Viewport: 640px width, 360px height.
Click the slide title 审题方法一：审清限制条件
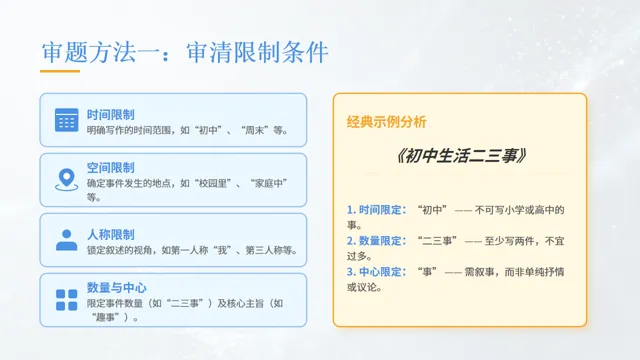(x=185, y=52)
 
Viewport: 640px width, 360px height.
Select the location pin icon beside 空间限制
(x=66, y=179)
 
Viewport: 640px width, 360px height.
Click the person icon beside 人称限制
(x=66, y=240)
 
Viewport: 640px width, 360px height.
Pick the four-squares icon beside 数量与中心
(x=66, y=300)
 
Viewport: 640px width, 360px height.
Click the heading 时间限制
(x=111, y=114)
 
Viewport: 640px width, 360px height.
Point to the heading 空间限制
(x=111, y=168)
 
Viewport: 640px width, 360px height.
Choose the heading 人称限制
(x=111, y=234)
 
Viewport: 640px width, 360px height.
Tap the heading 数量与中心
(x=117, y=288)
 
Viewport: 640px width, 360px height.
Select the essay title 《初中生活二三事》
(x=460, y=158)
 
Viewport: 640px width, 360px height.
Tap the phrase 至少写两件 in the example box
(x=507, y=241)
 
